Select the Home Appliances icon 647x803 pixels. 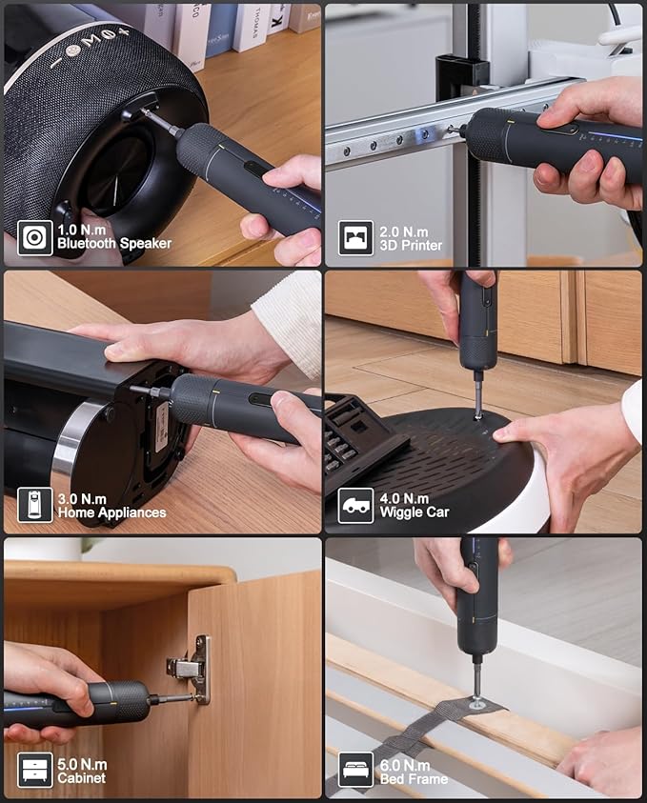pyautogui.click(x=34, y=505)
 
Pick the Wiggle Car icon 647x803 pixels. pyautogui.click(x=355, y=505)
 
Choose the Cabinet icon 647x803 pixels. pyautogui.click(x=34, y=770)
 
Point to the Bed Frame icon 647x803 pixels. pyautogui.click(x=355, y=770)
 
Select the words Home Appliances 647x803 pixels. pyautogui.click(x=111, y=512)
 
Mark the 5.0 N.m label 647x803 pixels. pyautogui.click(x=83, y=764)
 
